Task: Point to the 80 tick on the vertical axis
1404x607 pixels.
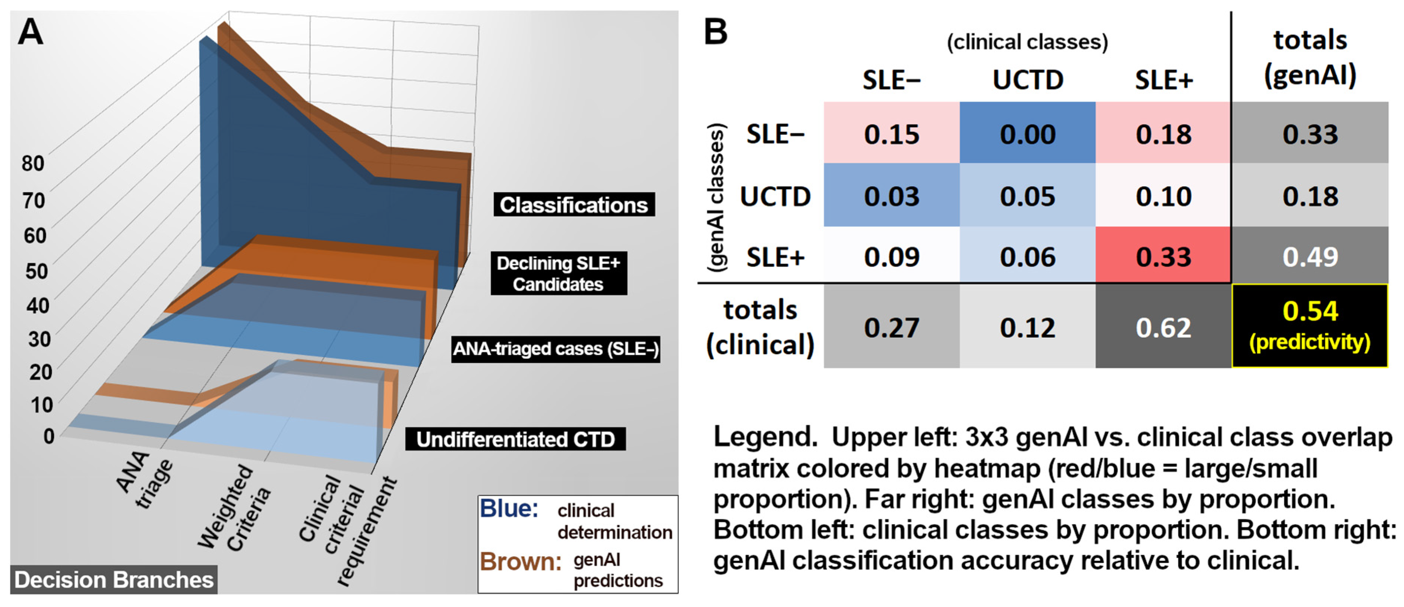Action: click(x=33, y=163)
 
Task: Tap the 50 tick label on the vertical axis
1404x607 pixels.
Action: click(x=37, y=271)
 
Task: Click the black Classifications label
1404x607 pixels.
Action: click(x=573, y=205)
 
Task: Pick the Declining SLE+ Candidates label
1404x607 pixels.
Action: click(x=558, y=274)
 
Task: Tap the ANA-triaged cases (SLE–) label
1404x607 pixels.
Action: click(x=556, y=349)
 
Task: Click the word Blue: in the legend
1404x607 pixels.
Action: click(x=509, y=509)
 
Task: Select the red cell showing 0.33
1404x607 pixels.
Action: click(x=1163, y=257)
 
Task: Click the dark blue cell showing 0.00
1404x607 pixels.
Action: click(x=1027, y=134)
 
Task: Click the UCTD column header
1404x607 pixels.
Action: click(x=1027, y=80)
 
